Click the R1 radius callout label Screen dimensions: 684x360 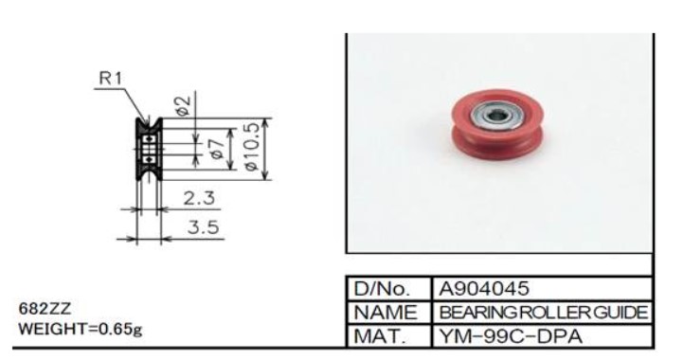[x=111, y=78]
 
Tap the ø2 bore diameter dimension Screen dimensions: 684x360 [x=183, y=105]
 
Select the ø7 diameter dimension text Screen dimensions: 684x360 [x=217, y=149]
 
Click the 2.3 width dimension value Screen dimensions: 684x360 [x=199, y=198]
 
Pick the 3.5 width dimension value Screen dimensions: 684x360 [x=204, y=227]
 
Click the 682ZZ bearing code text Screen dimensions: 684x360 [x=45, y=309]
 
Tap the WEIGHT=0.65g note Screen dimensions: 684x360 [x=81, y=329]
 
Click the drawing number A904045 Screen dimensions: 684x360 [x=484, y=288]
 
